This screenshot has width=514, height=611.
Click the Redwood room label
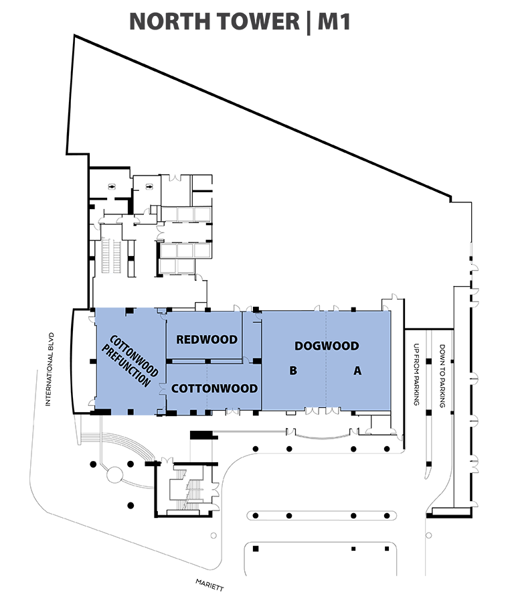(207, 340)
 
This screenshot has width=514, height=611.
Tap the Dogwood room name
(327, 346)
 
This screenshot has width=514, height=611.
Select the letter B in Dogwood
(293, 370)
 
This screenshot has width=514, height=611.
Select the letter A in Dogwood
(357, 370)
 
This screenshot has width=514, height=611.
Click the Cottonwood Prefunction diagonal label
(130, 361)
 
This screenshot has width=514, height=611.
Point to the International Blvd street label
(50, 369)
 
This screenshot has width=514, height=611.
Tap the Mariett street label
(209, 585)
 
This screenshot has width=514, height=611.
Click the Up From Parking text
(416, 374)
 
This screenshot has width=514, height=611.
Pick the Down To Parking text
(442, 376)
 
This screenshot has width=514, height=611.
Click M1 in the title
(334, 21)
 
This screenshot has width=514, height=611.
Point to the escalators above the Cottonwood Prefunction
(111, 255)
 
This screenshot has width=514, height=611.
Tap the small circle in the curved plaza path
(114, 474)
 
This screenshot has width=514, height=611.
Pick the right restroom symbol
(149, 187)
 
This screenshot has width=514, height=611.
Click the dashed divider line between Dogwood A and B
(327, 360)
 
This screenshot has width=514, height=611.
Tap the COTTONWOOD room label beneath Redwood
(214, 389)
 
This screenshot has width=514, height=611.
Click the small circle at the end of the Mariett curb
(213, 535)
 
